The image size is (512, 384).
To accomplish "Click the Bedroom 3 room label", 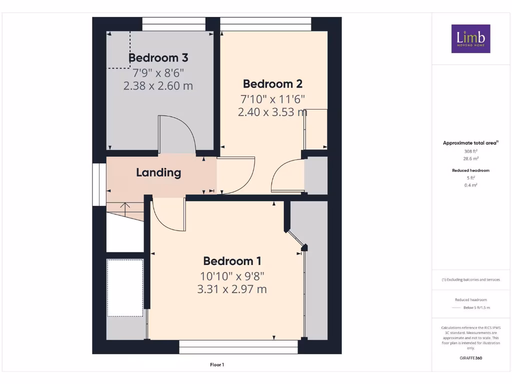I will (158, 57).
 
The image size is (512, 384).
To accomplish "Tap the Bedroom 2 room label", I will (272, 83).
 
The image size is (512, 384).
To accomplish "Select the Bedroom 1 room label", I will (232, 261).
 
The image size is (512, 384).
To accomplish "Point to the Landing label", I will (158, 173).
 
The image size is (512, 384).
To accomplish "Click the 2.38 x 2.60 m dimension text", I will (158, 85).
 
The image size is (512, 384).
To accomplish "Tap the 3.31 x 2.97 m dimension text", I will (232, 289).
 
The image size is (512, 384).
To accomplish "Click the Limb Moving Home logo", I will (470, 38).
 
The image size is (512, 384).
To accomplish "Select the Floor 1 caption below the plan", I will (217, 365).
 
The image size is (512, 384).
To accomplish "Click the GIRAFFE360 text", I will (470, 358).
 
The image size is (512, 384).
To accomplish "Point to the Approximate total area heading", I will (470, 143).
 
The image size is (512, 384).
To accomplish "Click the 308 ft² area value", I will (470, 151).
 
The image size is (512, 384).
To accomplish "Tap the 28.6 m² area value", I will (470, 158).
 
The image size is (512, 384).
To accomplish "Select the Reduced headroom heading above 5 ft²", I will (470, 170).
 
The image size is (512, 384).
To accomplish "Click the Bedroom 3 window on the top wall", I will (173, 24).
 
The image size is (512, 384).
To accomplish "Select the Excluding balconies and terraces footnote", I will (470, 280).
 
